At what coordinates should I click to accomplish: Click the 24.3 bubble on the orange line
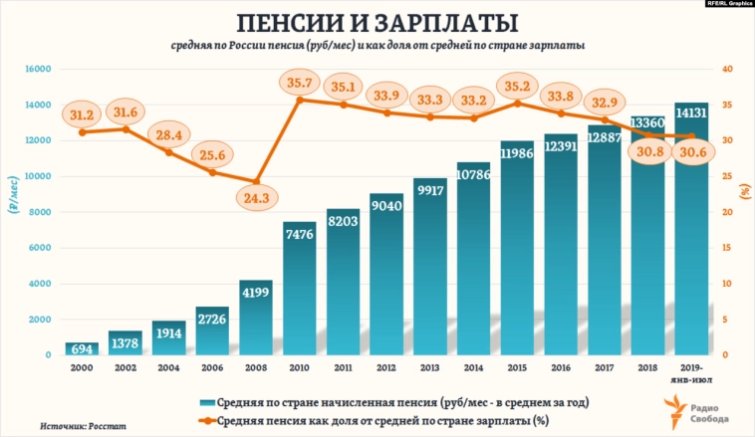pyautogui.click(x=255, y=197)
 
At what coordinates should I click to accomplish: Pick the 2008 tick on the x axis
pyautogui.click(x=255, y=367)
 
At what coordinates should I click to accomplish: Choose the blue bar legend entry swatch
pyautogui.click(x=206, y=402)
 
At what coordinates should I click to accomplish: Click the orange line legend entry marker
pyautogui.click(x=206, y=421)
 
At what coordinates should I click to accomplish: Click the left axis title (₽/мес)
pyautogui.click(x=13, y=209)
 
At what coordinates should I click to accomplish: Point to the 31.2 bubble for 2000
pyautogui.click(x=84, y=115)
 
